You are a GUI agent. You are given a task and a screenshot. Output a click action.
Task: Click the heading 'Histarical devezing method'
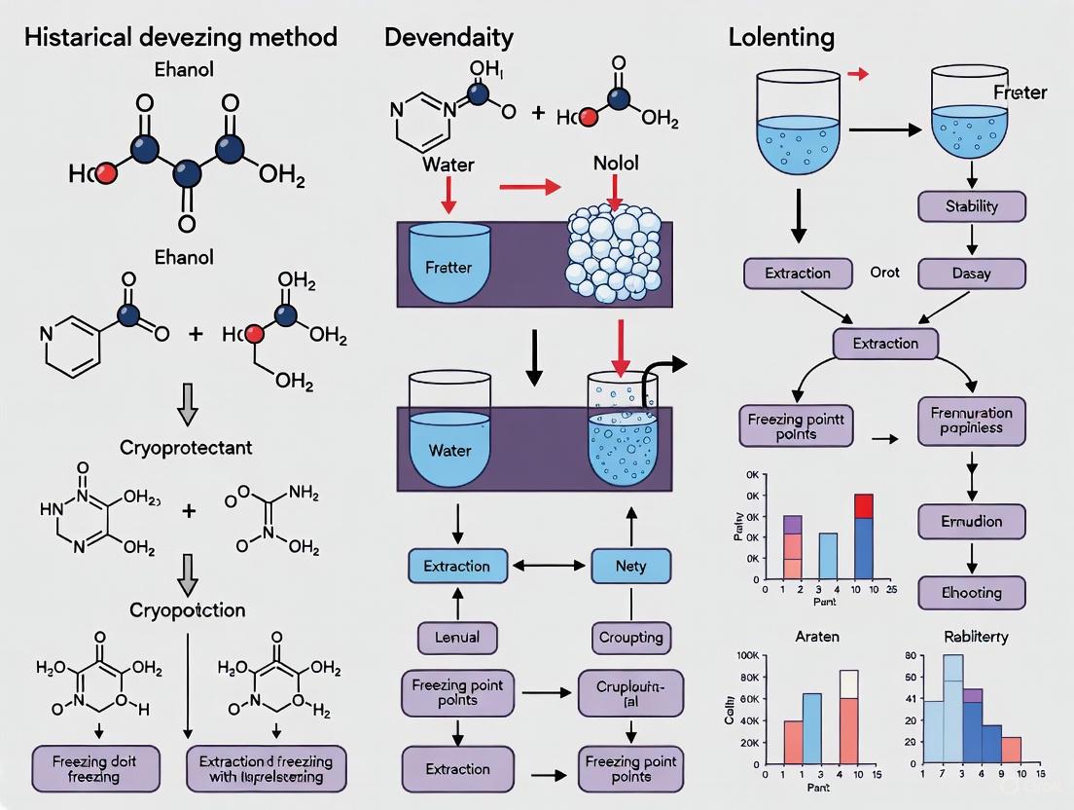180,37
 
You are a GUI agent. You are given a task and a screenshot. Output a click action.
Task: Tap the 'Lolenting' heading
781,37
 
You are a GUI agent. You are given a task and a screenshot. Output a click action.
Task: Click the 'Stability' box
972,206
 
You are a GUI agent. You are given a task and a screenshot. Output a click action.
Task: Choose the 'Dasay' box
972,274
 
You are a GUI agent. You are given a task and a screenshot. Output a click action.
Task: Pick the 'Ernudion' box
972,521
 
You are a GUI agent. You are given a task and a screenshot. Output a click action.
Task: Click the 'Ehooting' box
972,592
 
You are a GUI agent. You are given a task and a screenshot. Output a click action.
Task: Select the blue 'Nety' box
631,566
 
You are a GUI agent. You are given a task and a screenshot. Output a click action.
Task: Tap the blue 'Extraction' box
457,566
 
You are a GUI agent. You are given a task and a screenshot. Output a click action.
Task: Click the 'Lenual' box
457,638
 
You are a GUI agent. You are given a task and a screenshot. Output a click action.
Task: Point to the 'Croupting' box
631,638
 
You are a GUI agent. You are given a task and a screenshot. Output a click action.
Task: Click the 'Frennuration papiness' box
972,420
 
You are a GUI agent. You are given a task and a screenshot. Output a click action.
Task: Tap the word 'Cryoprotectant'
186,448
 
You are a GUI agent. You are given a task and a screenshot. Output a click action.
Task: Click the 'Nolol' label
616,164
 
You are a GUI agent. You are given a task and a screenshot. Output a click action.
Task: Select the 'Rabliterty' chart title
975,637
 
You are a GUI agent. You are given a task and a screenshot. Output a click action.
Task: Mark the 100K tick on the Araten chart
747,656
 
